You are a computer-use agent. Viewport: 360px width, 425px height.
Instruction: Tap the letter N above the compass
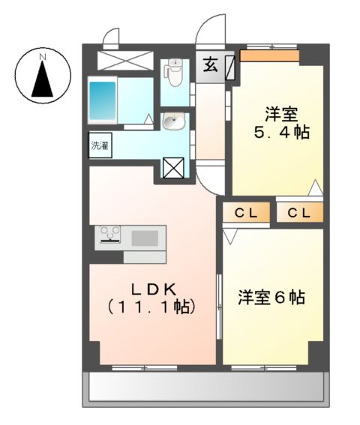(43, 56)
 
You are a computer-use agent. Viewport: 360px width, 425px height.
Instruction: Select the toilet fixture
(175, 72)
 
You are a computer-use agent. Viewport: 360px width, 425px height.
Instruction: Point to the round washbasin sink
(173, 121)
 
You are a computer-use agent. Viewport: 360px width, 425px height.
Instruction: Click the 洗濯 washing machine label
(100, 145)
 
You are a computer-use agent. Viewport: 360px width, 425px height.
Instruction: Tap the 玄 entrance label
(209, 65)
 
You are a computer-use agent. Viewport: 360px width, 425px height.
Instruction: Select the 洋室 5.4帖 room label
(280, 124)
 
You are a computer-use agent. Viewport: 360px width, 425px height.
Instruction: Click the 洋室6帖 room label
(271, 297)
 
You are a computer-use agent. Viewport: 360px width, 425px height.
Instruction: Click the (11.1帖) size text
(151, 307)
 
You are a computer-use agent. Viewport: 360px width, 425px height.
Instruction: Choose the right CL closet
(299, 213)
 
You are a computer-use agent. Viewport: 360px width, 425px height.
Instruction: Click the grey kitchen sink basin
(145, 238)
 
